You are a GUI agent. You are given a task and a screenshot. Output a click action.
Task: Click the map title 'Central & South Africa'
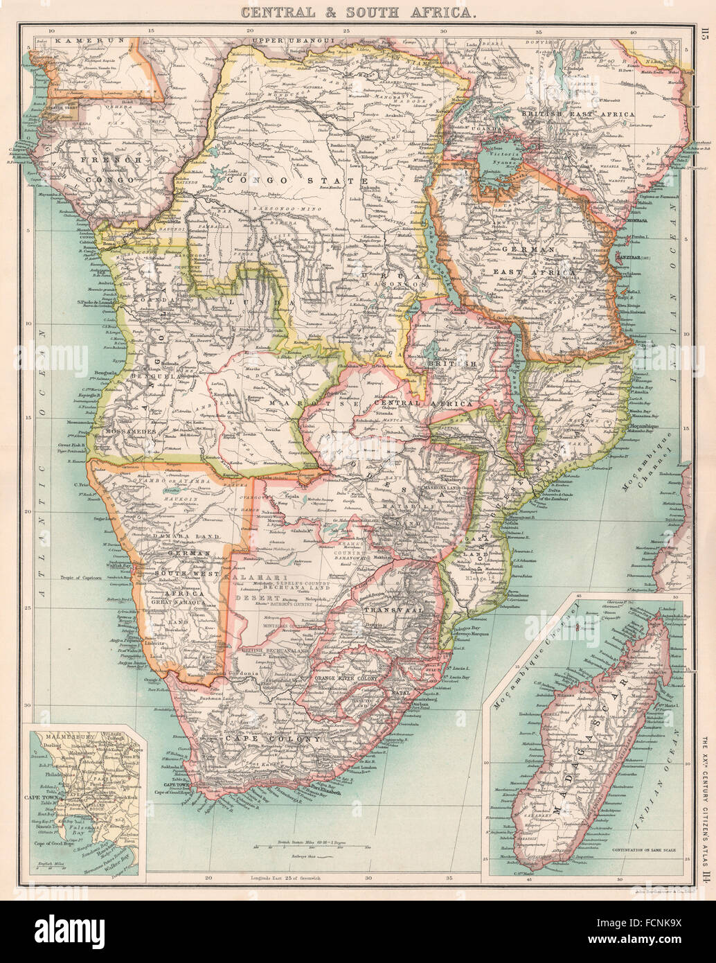pos(357,11)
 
